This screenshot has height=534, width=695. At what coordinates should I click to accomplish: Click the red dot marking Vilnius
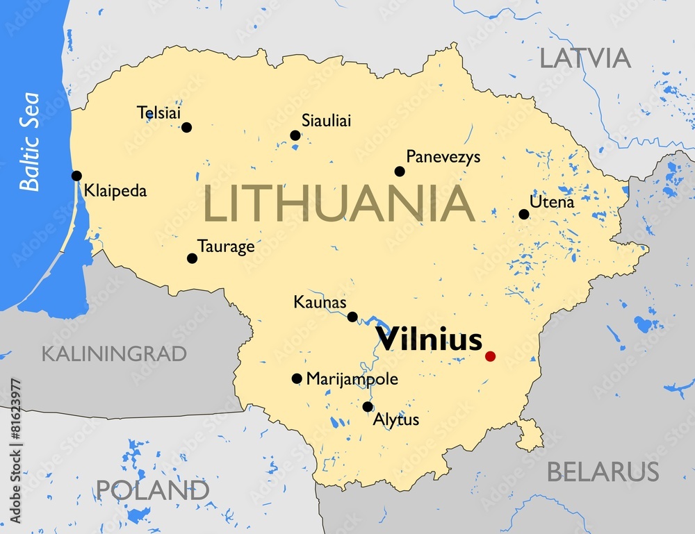click(x=490, y=356)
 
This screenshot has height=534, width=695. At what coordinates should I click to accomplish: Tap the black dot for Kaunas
click(x=352, y=317)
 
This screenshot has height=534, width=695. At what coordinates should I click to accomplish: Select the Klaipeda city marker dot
click(x=76, y=176)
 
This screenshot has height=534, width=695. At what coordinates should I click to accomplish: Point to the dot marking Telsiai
click(x=186, y=127)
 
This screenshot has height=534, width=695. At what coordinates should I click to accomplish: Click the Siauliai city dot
click(x=295, y=135)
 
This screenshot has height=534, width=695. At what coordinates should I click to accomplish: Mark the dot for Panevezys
click(x=400, y=172)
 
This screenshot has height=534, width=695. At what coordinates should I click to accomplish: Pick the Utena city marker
click(x=524, y=214)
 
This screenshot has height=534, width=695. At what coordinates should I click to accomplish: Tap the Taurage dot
click(x=192, y=258)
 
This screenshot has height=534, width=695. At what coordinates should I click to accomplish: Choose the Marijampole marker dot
click(x=297, y=378)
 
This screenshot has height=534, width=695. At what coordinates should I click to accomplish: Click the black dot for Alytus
click(x=368, y=407)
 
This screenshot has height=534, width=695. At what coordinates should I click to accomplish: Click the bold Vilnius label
click(x=428, y=340)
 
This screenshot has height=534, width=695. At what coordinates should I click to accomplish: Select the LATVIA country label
click(x=585, y=58)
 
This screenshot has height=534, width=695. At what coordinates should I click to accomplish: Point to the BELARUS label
click(x=602, y=472)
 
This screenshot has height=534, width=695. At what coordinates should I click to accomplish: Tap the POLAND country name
click(x=152, y=490)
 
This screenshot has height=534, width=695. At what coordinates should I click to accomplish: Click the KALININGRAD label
click(x=114, y=353)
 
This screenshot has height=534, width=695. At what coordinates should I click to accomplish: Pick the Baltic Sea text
click(x=30, y=142)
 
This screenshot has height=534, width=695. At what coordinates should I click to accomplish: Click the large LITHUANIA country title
click(x=339, y=204)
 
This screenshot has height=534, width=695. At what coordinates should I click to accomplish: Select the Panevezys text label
click(x=443, y=157)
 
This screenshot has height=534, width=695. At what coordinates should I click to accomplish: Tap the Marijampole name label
click(x=352, y=379)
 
